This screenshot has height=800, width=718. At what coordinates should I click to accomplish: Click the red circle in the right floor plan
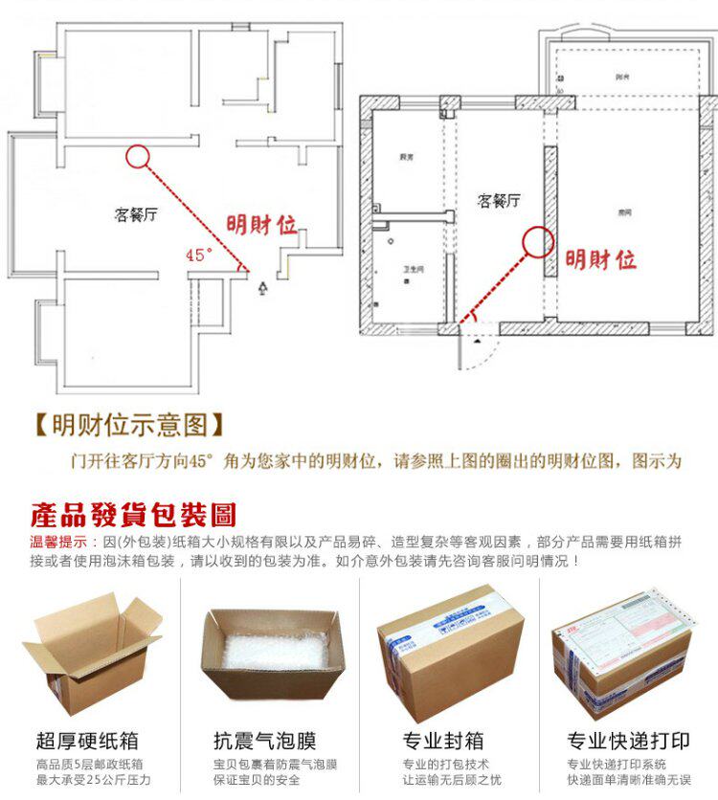pos(537,242)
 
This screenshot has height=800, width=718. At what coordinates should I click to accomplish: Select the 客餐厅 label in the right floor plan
pos(498,200)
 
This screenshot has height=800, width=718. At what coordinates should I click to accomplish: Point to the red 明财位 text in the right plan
pos(600,258)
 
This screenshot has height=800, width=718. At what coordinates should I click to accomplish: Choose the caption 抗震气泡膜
pos(265,740)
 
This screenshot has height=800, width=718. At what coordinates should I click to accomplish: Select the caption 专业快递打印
pos(628,740)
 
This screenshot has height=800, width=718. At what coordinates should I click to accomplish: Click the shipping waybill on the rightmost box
pos(633,632)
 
